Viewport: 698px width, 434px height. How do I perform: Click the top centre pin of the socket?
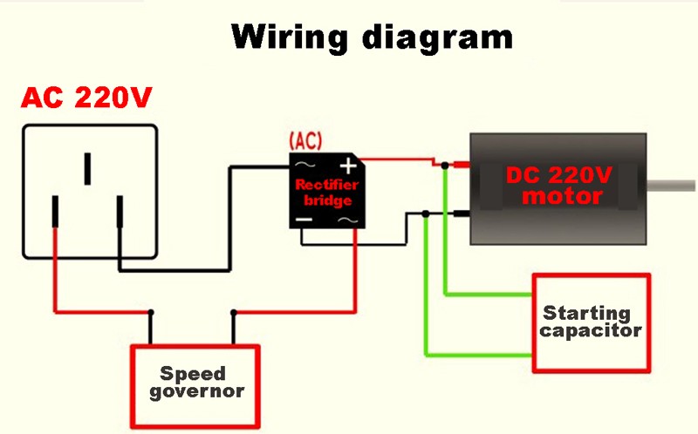click(x=87, y=169)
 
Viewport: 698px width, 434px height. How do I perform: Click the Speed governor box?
click(x=195, y=383)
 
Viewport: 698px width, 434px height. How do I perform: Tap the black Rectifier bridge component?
click(x=327, y=192)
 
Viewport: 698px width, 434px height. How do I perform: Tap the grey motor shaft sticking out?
click(x=673, y=185)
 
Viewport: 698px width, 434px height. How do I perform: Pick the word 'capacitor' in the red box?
click(x=592, y=331)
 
